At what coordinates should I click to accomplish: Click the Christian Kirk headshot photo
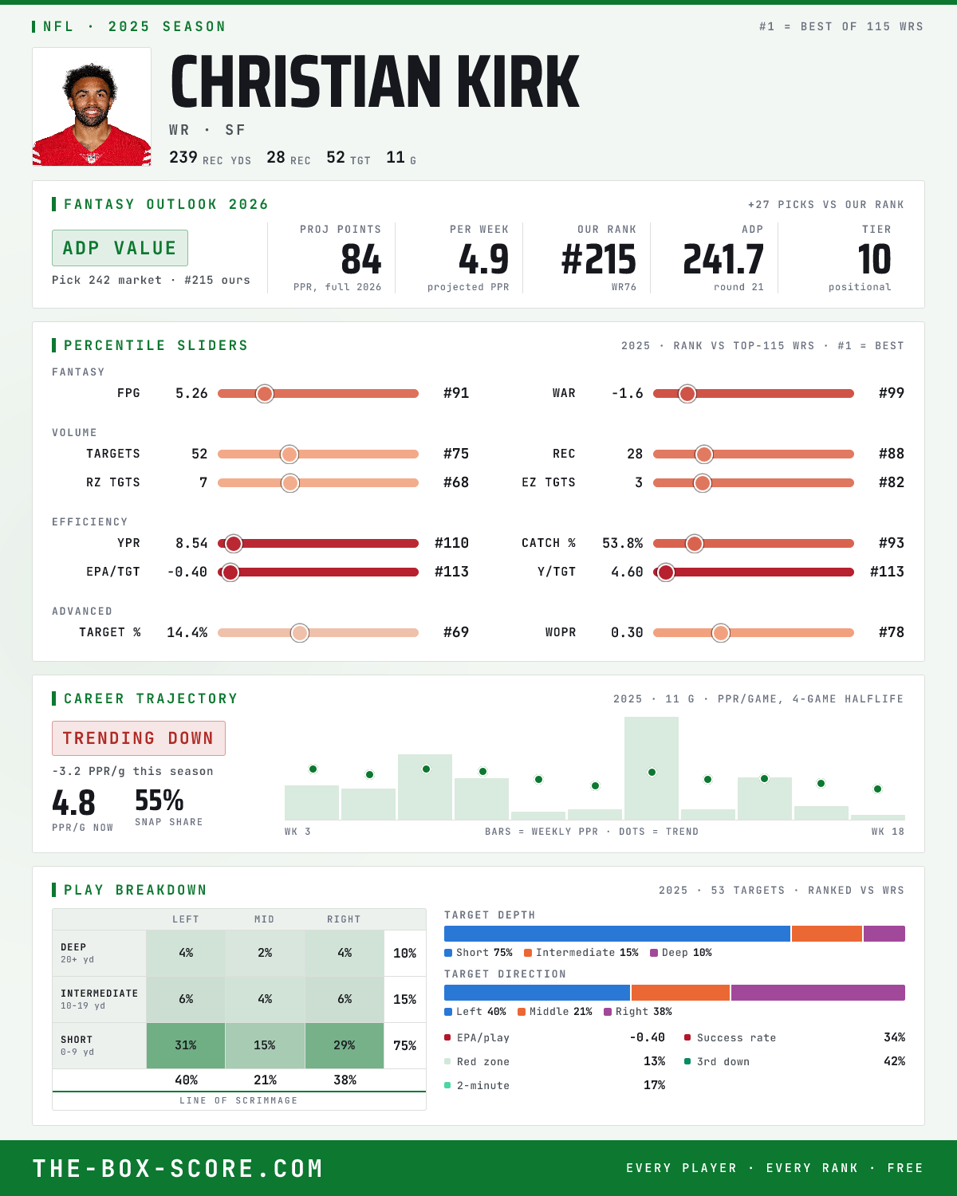click(x=92, y=107)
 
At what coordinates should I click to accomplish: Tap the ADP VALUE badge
click(x=120, y=248)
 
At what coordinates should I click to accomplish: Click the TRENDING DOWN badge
click(x=139, y=738)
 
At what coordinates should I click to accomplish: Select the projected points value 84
click(x=361, y=260)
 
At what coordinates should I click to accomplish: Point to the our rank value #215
click(x=598, y=260)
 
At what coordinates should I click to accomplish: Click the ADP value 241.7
click(x=723, y=260)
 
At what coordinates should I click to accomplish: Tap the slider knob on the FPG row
click(x=265, y=393)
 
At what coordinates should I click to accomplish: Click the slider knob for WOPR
click(x=721, y=632)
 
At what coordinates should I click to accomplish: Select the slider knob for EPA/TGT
click(x=230, y=572)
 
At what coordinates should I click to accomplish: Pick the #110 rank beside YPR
click(x=451, y=543)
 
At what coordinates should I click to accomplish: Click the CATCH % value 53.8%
click(x=622, y=543)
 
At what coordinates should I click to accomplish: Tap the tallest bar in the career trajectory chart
click(x=652, y=768)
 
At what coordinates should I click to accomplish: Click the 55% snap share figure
click(x=159, y=801)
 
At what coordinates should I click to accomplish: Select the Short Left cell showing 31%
click(x=186, y=1045)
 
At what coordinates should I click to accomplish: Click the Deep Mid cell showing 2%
click(x=265, y=953)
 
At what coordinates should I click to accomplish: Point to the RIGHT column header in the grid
click(x=344, y=919)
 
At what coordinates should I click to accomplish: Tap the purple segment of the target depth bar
click(x=884, y=934)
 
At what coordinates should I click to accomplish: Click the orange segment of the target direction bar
click(x=680, y=993)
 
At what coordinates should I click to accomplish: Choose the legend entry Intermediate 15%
click(x=581, y=953)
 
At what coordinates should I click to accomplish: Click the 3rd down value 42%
click(x=894, y=1061)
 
